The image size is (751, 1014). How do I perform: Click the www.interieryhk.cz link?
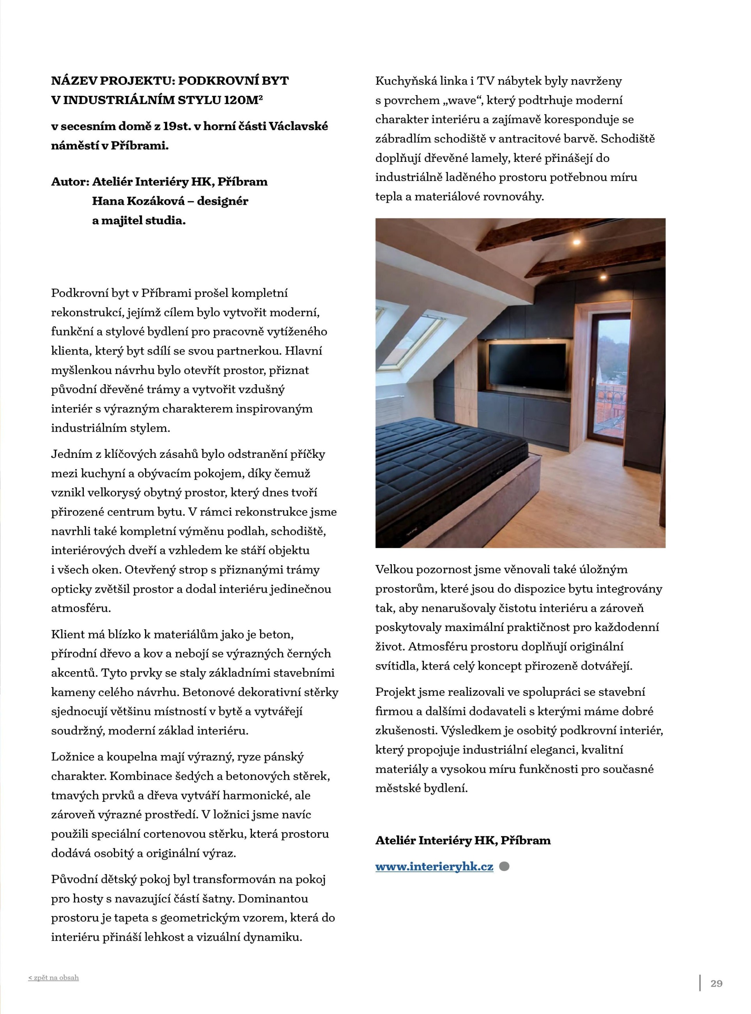434,866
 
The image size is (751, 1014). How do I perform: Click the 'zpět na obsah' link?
54,978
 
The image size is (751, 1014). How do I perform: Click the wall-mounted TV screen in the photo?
527,366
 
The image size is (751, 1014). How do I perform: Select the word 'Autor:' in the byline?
70,182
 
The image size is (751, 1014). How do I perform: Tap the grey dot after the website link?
504,866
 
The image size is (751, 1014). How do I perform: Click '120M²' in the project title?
244,100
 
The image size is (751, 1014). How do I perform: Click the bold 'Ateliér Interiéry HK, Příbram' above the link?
463,840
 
